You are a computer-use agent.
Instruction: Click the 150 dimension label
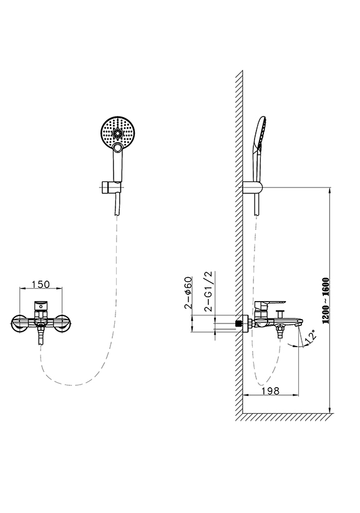click(x=41, y=284)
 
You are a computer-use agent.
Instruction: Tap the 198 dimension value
click(x=271, y=391)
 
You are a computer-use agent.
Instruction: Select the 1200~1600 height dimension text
click(x=326, y=300)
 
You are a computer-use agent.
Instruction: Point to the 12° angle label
click(x=311, y=337)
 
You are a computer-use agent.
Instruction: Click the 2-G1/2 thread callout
click(x=208, y=291)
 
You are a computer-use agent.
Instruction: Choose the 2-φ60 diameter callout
click(x=188, y=292)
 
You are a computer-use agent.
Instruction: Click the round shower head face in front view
click(x=117, y=132)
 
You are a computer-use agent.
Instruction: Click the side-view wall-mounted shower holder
click(x=253, y=188)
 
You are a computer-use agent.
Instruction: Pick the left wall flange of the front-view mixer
click(x=19, y=324)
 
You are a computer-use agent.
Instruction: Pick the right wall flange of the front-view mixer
click(x=62, y=324)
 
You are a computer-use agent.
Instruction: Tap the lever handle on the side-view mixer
click(x=270, y=304)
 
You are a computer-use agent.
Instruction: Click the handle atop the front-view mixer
click(x=41, y=305)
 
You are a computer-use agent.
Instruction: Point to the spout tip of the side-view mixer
click(x=299, y=324)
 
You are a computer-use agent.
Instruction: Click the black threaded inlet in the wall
click(x=239, y=324)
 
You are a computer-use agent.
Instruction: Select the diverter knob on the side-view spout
click(x=280, y=314)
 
